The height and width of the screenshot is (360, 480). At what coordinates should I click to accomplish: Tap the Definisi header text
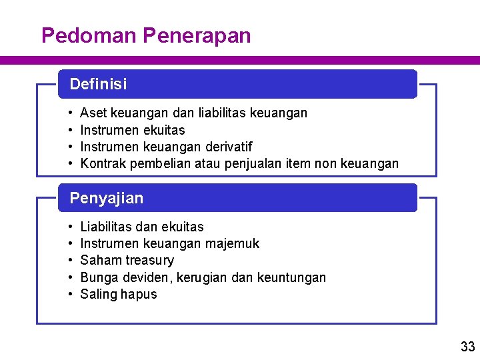pyautogui.click(x=98, y=85)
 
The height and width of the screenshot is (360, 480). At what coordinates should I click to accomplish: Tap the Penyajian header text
pyautogui.click(x=106, y=198)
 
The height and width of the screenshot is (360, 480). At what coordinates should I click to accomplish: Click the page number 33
pyautogui.click(x=467, y=346)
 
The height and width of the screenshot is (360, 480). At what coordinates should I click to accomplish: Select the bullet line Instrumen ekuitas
pyautogui.click(x=132, y=130)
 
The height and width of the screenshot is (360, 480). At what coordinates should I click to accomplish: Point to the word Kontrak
pyautogui.click(x=103, y=163)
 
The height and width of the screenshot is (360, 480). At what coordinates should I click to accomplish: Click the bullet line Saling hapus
pyautogui.click(x=119, y=295)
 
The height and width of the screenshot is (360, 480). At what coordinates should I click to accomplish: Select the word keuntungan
pyautogui.click(x=291, y=277)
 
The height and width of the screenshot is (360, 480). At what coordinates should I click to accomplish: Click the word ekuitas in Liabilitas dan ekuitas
pyautogui.click(x=182, y=227)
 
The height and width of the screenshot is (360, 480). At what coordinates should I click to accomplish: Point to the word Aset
pyautogui.click(x=93, y=113)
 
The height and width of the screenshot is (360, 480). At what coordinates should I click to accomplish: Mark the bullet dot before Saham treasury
pyautogui.click(x=71, y=261)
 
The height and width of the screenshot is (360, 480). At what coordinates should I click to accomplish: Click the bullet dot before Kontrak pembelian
pyautogui.click(x=71, y=163)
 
